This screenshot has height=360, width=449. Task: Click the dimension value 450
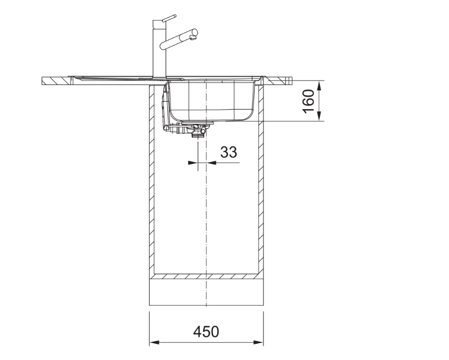[206, 332]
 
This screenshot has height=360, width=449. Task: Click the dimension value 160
[309, 101]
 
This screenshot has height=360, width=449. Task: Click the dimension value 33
[228, 152]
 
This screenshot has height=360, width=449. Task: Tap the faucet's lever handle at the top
[169, 18]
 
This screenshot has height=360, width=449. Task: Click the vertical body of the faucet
[159, 49]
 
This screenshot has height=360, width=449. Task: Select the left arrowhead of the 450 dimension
[154, 342]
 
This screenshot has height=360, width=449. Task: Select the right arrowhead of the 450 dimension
[258, 342]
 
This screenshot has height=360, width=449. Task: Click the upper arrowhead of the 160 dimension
[319, 86]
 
